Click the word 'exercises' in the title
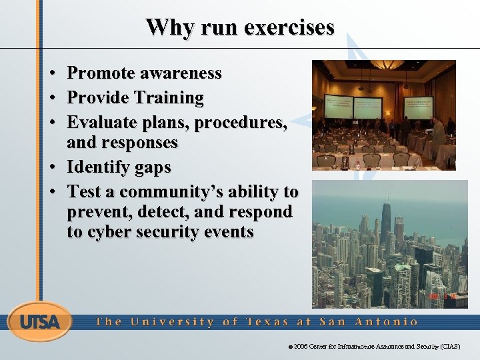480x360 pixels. click(289, 28)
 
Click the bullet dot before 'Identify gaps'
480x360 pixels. click(51, 167)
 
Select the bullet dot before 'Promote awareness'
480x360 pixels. click(51, 73)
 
